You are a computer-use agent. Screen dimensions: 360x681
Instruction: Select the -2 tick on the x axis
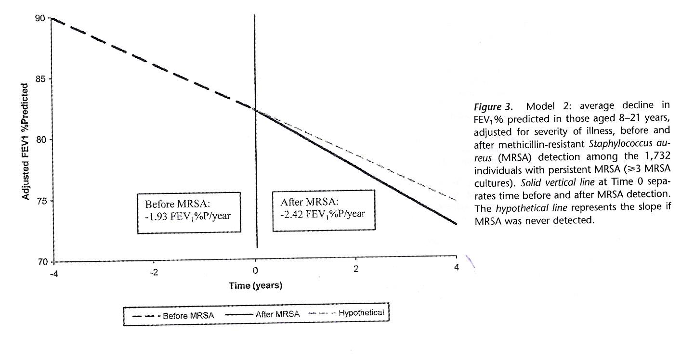[154, 271]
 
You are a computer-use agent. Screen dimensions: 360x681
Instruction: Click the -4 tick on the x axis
[53, 271]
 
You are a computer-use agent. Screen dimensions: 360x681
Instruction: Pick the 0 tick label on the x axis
[255, 271]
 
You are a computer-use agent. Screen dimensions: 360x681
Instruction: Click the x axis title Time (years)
[255, 286]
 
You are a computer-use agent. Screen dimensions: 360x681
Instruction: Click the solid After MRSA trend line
[356, 166]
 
